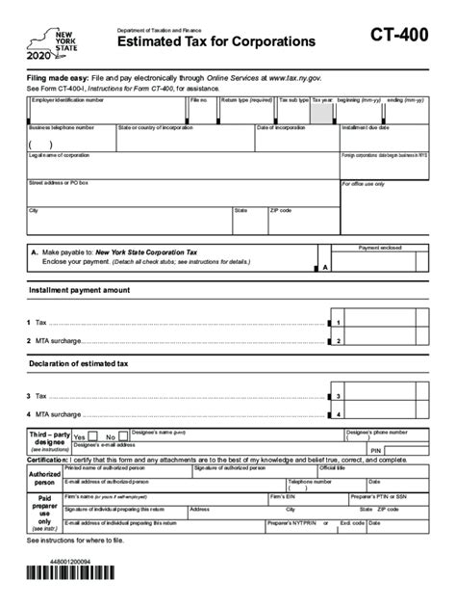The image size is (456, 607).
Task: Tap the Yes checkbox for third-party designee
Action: [x=92, y=435]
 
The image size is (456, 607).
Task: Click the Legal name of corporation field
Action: [x=182, y=165]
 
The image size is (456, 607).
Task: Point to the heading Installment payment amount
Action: [x=79, y=289]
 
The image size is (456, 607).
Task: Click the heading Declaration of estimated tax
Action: [x=78, y=363]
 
